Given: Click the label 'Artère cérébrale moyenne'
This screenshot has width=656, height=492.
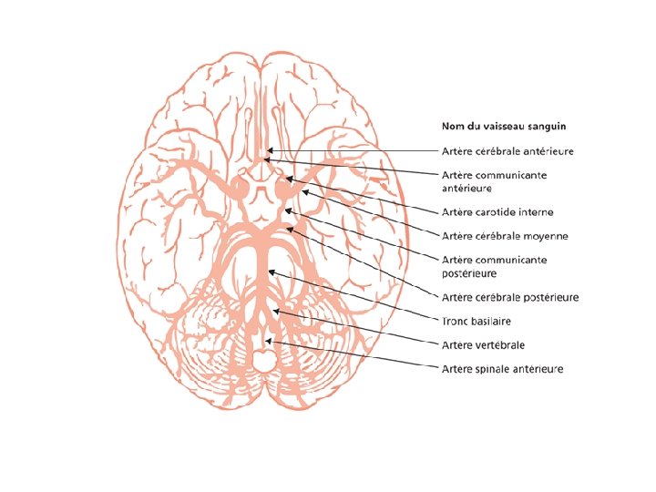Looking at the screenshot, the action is [x=504, y=235].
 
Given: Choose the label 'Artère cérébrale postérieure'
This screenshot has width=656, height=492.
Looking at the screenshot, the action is [x=509, y=297].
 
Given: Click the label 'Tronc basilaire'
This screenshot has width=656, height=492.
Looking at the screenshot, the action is [x=477, y=321].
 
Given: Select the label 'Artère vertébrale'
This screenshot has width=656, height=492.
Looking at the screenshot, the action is [x=483, y=345].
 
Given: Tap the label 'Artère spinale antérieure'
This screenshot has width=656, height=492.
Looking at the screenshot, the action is [x=502, y=369].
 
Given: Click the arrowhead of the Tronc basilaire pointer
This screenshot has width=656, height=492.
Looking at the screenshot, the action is [x=270, y=271].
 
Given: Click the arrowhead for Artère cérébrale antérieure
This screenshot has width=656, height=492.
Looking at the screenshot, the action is [x=266, y=151].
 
